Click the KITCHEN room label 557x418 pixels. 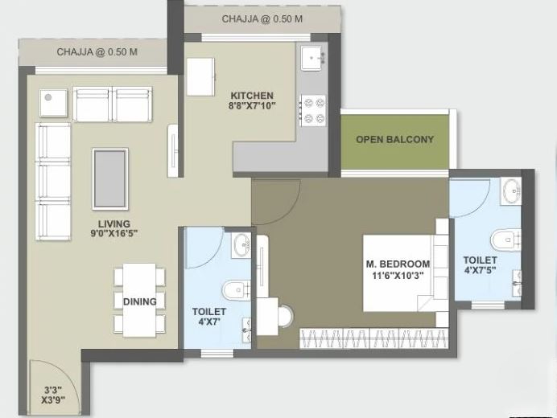(x=252, y=96)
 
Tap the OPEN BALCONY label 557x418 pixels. (x=394, y=139)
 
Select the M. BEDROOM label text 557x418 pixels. (x=398, y=264)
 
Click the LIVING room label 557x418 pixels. (x=114, y=224)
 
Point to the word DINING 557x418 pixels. (x=139, y=301)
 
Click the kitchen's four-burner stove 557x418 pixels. (x=313, y=110)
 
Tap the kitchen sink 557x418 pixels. (x=313, y=58)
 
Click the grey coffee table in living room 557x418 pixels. (x=110, y=178)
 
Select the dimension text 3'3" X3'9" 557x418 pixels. (x=53, y=395)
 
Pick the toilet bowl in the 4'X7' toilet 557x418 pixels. (x=236, y=290)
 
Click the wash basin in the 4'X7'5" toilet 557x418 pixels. (x=511, y=191)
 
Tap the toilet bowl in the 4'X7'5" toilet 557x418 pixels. (x=505, y=240)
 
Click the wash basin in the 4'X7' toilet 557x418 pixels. (x=241, y=245)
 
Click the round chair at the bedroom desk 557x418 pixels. (x=286, y=316)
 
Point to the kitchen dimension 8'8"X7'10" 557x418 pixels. (x=252, y=106)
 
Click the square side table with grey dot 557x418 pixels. (x=53, y=103)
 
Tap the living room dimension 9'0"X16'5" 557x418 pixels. (x=114, y=233)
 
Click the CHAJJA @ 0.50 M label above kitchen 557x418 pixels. (x=262, y=18)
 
